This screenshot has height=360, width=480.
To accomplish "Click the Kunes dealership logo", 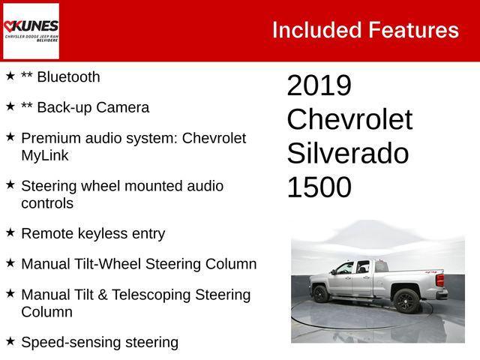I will tap(31, 30).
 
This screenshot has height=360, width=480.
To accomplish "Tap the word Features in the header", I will tap(413, 30).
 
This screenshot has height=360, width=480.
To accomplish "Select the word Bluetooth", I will tap(68, 77).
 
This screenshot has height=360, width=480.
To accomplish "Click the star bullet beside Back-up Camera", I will tap(10, 106).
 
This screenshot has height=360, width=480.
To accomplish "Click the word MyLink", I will tap(45, 155).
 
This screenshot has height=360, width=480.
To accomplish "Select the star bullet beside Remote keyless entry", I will tap(10, 232).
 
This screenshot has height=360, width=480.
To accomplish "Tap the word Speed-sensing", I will tap(71, 343).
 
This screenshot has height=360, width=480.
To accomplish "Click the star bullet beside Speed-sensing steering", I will tap(10, 342).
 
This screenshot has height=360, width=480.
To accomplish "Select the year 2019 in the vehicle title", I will tap(319, 85).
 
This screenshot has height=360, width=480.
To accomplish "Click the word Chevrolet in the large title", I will tap(349, 120).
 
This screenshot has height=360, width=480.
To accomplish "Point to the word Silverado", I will tap(347, 154).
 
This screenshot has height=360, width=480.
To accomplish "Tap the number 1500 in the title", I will tap(319, 187).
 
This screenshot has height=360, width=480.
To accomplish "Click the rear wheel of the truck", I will tap(406, 300).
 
